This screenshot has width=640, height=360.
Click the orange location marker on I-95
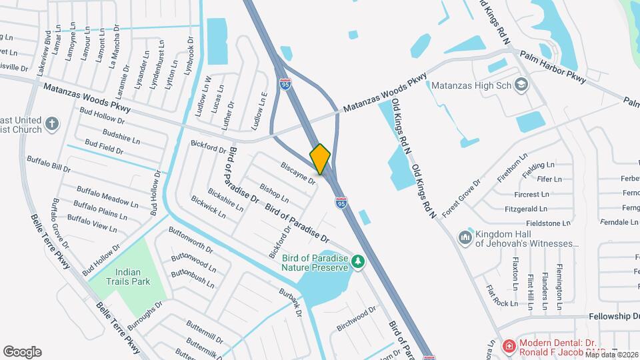pos(320,159)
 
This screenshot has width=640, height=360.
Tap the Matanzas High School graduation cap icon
pos(521,85)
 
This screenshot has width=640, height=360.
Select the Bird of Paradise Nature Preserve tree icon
pos(359,261)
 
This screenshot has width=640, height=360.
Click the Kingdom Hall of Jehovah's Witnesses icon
pos(465,237)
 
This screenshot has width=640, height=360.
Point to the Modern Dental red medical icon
pos(509,346)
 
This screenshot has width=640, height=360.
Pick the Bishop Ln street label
pos(274,194)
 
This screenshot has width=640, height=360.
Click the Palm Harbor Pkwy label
pos(552,67)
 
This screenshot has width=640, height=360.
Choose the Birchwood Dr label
pos(356,311)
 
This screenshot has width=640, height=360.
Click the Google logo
pos(22,352)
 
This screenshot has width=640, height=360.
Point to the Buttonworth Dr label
pos(191,241)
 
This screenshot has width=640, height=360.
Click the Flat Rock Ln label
pos(502,297)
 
